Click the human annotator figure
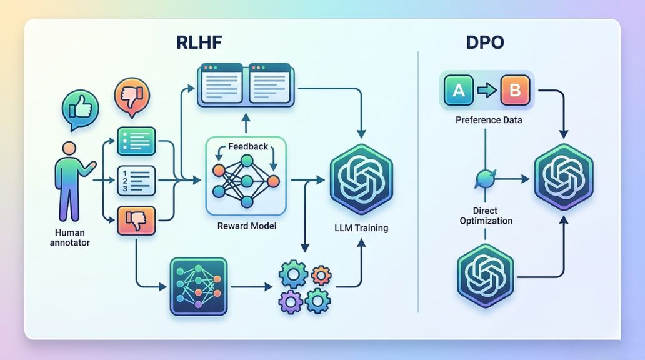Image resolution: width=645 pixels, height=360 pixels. click(x=71, y=177)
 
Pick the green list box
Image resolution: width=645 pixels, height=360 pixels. click(x=136, y=141)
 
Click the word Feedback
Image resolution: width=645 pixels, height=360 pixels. click(x=247, y=146)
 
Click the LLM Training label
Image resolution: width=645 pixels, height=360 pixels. click(x=361, y=228)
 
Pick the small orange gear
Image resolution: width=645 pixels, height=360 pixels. click(x=321, y=274)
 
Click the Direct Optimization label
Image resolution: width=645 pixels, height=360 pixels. click(x=486, y=216)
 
